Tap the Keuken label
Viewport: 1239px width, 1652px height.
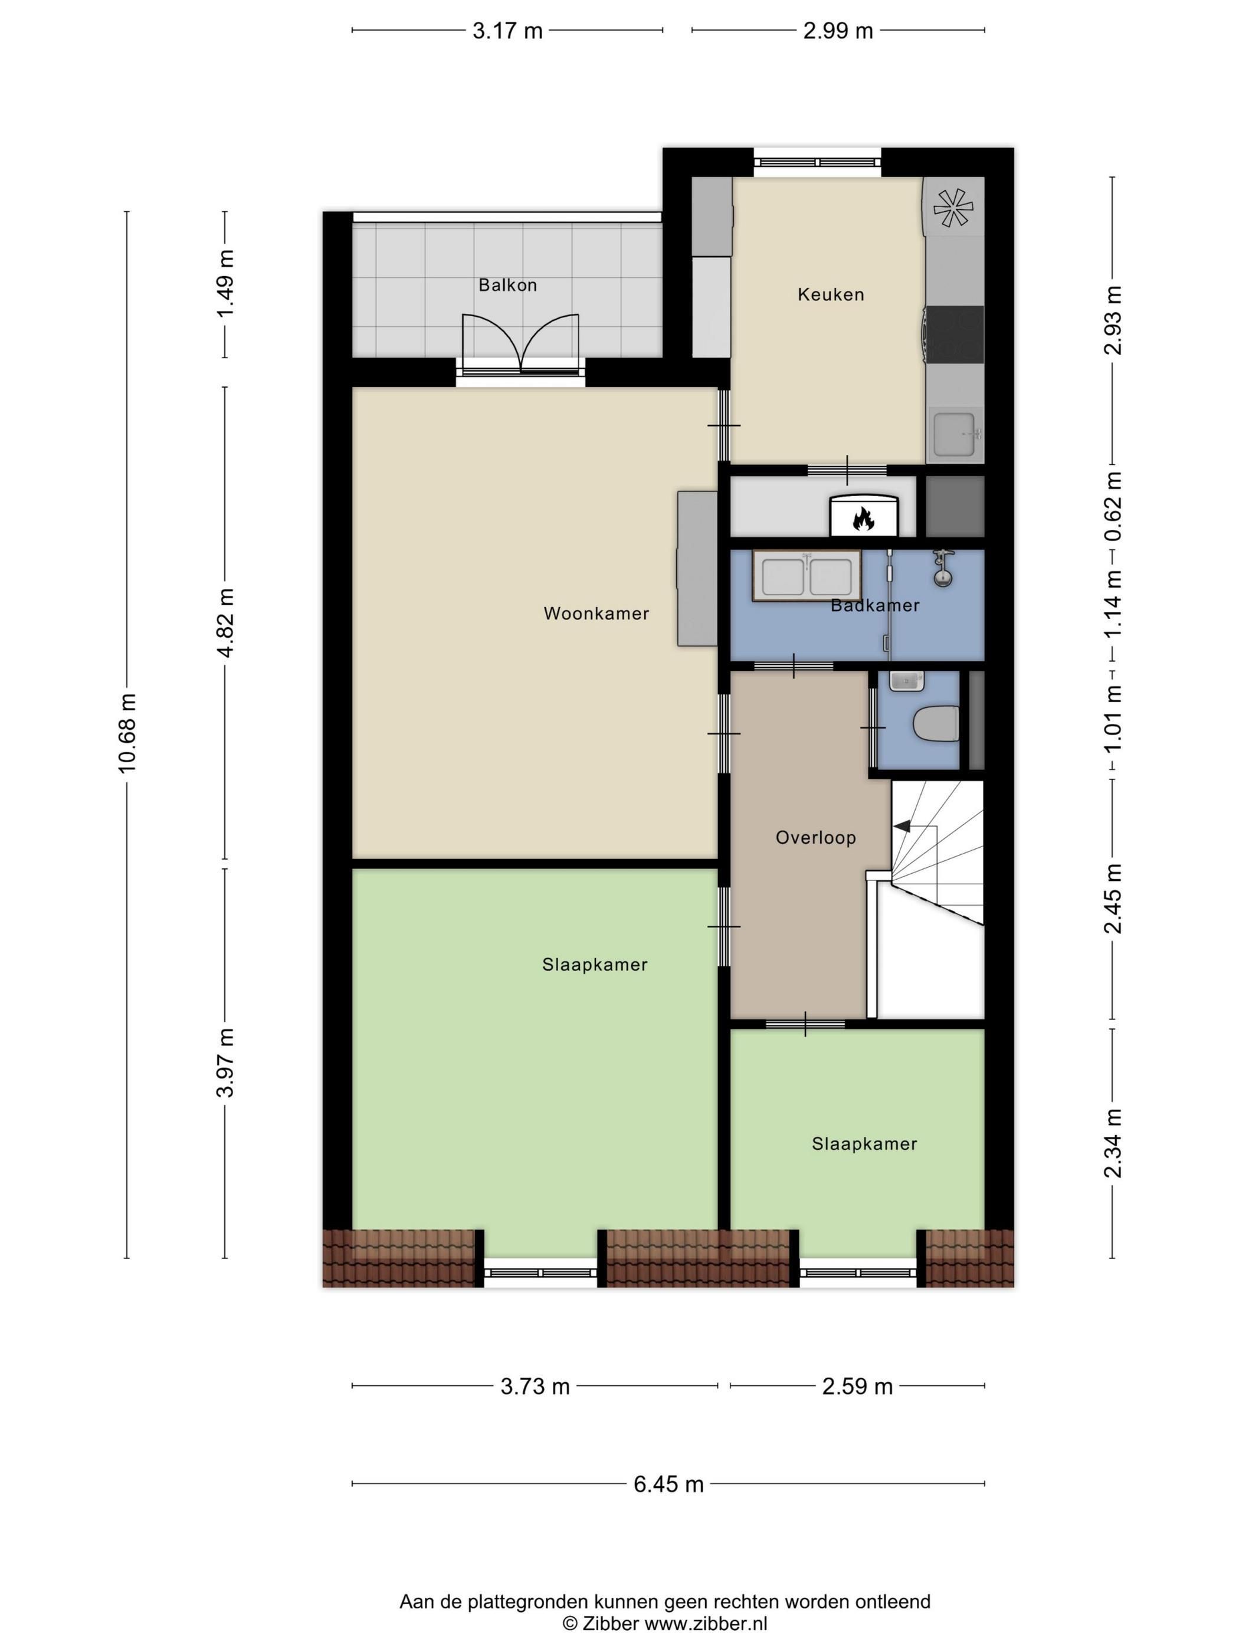pyautogui.click(x=831, y=294)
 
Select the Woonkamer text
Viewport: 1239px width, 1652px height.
pyautogui.click(x=596, y=613)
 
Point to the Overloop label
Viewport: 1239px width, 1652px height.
pyautogui.click(x=815, y=837)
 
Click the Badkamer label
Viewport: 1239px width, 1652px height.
pyautogui.click(x=874, y=605)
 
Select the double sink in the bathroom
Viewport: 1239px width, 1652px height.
pyautogui.click(x=807, y=576)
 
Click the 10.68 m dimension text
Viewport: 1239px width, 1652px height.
pyautogui.click(x=127, y=733)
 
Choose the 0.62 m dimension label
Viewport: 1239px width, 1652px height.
pyautogui.click(x=1113, y=506)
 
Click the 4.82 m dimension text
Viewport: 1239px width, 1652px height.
pyautogui.click(x=225, y=623)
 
